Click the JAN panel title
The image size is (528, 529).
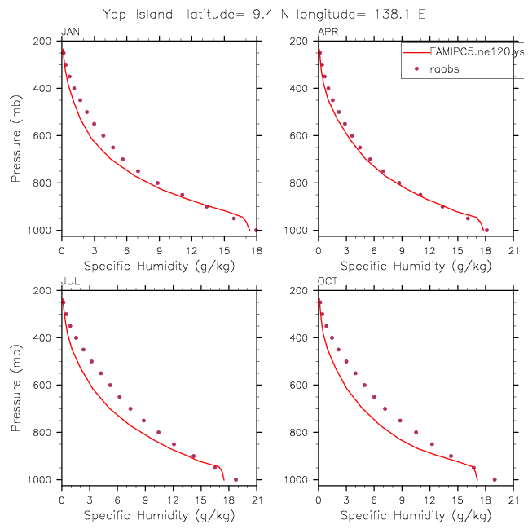(x=70, y=32)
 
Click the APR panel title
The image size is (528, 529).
(x=328, y=32)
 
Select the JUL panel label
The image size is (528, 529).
(x=70, y=281)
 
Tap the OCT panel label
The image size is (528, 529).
(x=328, y=281)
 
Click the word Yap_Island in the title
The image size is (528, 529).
(x=138, y=14)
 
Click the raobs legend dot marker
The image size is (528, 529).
(x=416, y=68)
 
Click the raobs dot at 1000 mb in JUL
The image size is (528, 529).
(x=235, y=479)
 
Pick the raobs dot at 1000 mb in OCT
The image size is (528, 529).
(x=495, y=479)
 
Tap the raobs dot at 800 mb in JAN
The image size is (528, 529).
(x=157, y=183)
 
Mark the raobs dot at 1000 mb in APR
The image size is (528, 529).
(x=486, y=230)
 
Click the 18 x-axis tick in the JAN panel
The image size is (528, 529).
(x=257, y=251)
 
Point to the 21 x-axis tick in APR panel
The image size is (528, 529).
(x=513, y=251)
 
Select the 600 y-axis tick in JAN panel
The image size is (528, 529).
(x=42, y=135)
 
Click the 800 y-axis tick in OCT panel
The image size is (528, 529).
(x=299, y=432)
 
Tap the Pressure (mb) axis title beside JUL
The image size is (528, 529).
(x=15, y=388)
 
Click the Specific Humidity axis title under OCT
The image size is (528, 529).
(x=416, y=515)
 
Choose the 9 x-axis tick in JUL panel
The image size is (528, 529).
(x=145, y=500)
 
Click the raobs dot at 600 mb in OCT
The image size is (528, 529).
(x=364, y=385)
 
